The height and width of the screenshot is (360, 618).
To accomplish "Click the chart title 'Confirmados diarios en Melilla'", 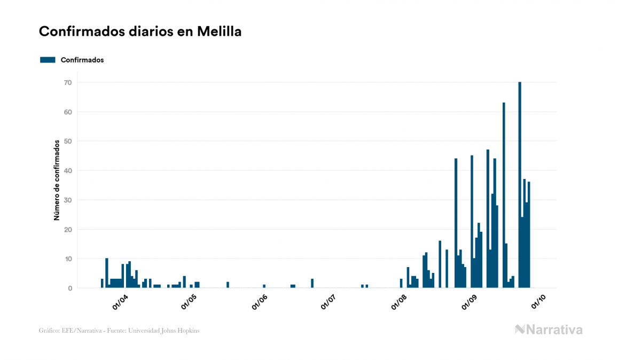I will (x=140, y=32).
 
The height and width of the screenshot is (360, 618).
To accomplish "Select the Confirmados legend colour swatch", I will (x=48, y=60).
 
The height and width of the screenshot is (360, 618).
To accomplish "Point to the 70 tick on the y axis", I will (x=67, y=82).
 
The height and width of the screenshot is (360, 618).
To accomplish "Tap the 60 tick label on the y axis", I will (x=67, y=112).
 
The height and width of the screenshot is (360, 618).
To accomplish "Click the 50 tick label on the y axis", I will (x=67, y=141).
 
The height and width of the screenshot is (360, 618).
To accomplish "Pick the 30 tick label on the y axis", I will (x=67, y=200).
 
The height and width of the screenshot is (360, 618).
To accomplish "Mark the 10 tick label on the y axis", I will (x=67, y=259).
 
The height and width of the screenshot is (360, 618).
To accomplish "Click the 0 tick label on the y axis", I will (x=69, y=288).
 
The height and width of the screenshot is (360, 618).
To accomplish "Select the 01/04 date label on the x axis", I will (x=120, y=302).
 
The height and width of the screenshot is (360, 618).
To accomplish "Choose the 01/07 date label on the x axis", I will (x=328, y=302).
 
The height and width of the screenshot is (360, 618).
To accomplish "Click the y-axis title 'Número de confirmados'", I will (x=56, y=180).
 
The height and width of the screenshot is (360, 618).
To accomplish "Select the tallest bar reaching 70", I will (x=520, y=184).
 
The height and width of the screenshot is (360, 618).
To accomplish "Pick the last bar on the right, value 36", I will (x=529, y=235).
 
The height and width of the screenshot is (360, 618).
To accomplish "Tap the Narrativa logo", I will (x=549, y=330).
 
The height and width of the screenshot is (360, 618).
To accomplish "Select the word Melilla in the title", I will (x=219, y=32).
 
